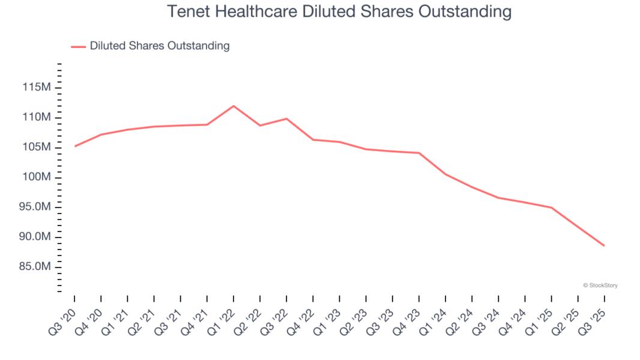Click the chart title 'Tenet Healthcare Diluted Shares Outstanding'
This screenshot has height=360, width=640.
coord(339,11)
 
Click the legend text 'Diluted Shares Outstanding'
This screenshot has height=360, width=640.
coord(160,46)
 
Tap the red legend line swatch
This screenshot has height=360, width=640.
coord(79,46)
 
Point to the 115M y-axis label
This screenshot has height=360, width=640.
coord(37,88)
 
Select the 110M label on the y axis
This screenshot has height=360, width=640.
coord(37,117)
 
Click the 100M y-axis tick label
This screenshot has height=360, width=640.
coord(37,177)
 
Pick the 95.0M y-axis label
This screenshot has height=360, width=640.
coord(35,207)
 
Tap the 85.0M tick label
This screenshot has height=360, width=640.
coord(35,266)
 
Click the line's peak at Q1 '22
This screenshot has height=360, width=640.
coord(234,106)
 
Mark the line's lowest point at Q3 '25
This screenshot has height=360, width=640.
coord(604,245)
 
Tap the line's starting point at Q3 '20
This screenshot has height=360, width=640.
coord(75,146)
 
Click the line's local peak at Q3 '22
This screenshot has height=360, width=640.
coord(286,118)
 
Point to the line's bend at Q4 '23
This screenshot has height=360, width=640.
coord(418,153)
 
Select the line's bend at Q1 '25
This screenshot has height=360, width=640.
coord(551,208)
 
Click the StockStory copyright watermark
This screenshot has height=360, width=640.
coord(600,286)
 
